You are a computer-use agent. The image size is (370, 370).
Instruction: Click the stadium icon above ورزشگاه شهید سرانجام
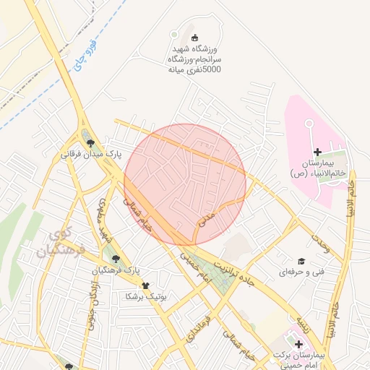point(193,38)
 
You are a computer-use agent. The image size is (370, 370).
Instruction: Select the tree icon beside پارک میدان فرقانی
point(90,143)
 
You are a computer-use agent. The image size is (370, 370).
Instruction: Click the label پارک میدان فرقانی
point(90,155)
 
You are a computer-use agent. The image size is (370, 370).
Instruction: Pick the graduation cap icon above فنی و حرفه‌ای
point(301,261)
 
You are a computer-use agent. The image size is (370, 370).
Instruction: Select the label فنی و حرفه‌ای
point(300,272)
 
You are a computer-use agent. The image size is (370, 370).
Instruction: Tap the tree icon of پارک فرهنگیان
point(113,258)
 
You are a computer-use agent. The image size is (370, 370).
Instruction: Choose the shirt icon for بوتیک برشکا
point(145,285)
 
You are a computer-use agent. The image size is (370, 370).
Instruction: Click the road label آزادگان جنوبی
point(91,307)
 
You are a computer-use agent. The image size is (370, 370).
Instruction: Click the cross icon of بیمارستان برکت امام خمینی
point(298,345)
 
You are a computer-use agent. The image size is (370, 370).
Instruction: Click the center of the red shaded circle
point(185,184)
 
